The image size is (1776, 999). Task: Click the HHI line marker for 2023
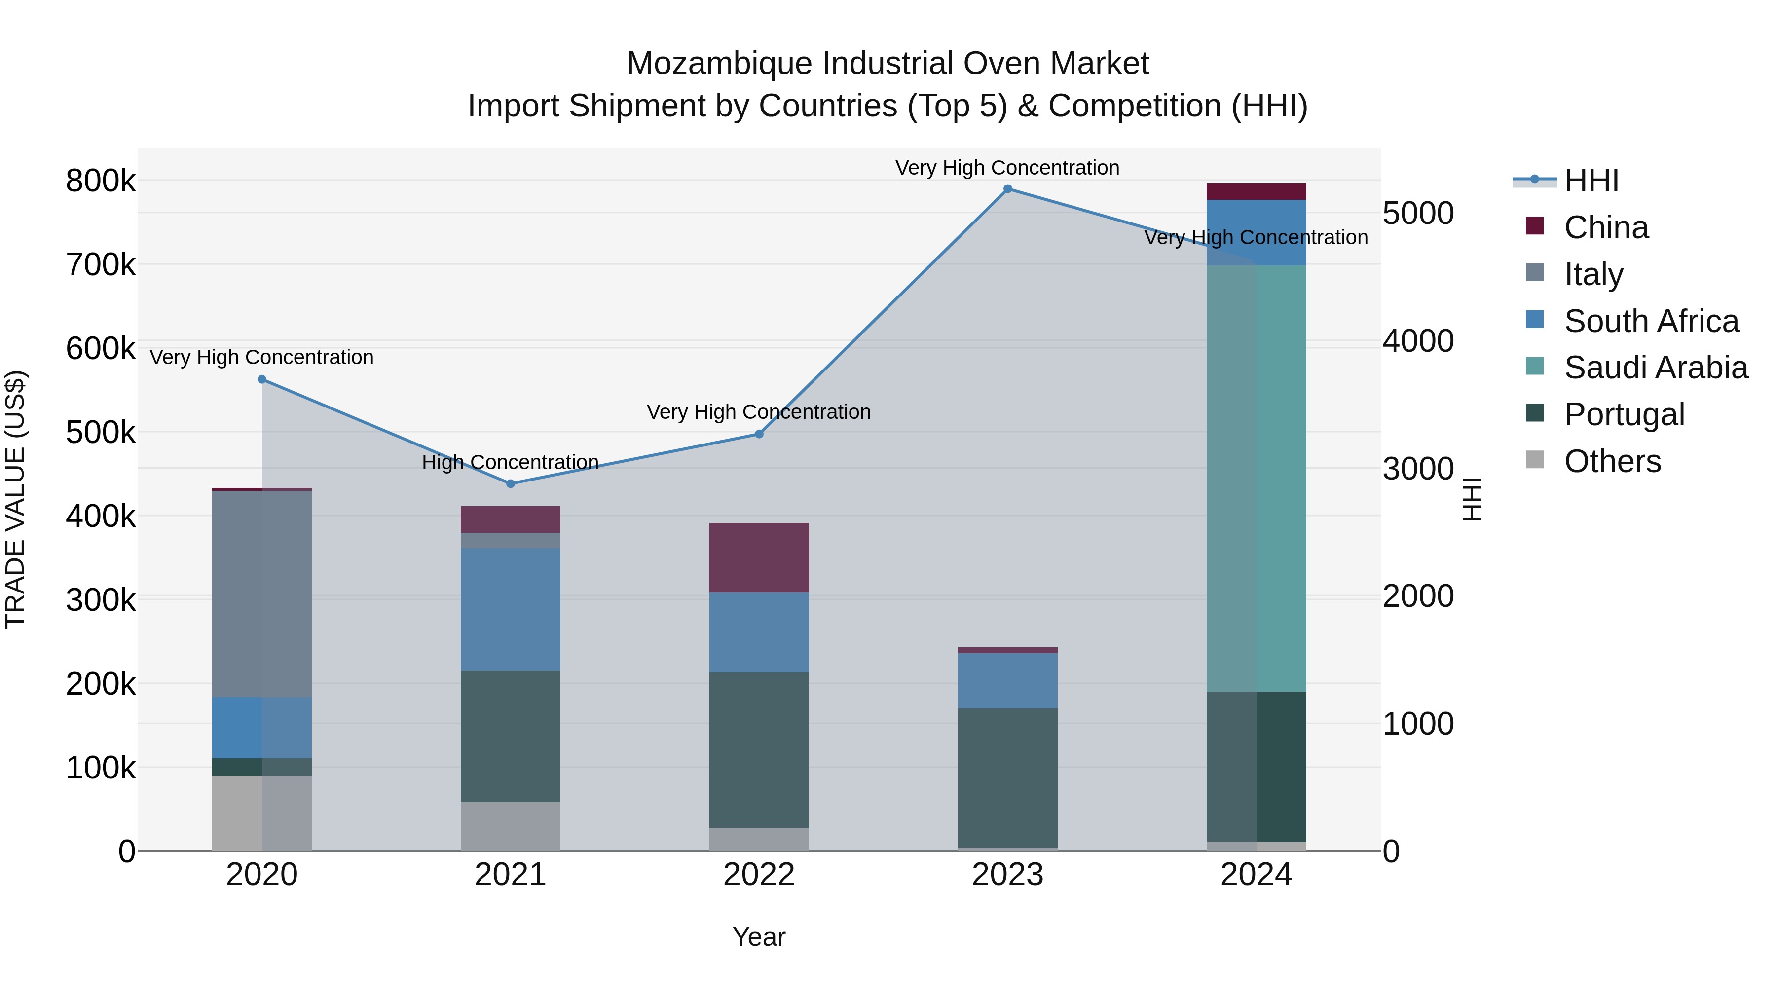click(1007, 189)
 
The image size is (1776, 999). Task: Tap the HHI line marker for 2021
click(510, 484)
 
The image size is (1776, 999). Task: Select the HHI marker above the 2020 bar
click(262, 380)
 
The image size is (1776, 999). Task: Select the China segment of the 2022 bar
click(759, 558)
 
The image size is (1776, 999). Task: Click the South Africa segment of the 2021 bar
click(510, 609)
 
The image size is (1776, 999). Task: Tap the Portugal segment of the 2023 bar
click(1007, 777)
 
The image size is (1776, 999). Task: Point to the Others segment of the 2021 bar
click(510, 826)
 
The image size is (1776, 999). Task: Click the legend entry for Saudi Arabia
click(1655, 368)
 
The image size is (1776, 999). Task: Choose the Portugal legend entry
click(1624, 414)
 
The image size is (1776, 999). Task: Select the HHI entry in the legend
click(1591, 181)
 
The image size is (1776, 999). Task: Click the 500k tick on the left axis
click(101, 432)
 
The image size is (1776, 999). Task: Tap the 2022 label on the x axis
click(759, 875)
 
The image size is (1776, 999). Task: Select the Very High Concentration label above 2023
click(1007, 168)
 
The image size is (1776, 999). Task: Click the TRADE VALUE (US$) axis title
click(16, 499)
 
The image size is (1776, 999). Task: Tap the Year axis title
click(759, 937)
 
